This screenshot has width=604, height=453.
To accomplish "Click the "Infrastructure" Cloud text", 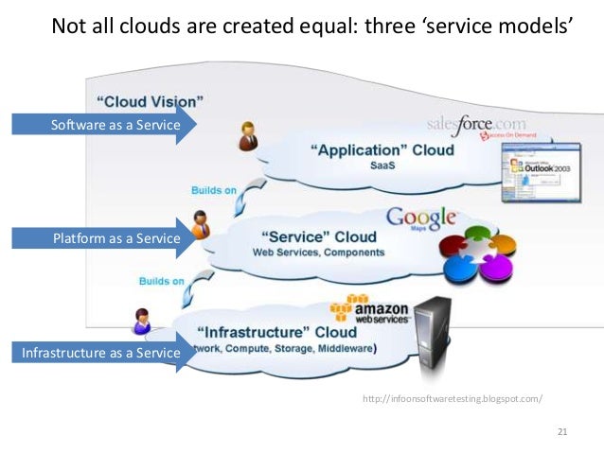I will [x=276, y=332].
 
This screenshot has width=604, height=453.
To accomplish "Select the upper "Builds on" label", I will [x=214, y=190].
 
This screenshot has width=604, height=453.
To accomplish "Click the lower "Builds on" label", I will [x=162, y=281].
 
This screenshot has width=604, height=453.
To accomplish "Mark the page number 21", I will [x=562, y=432].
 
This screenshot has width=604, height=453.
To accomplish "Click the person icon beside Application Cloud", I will [x=249, y=135].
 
